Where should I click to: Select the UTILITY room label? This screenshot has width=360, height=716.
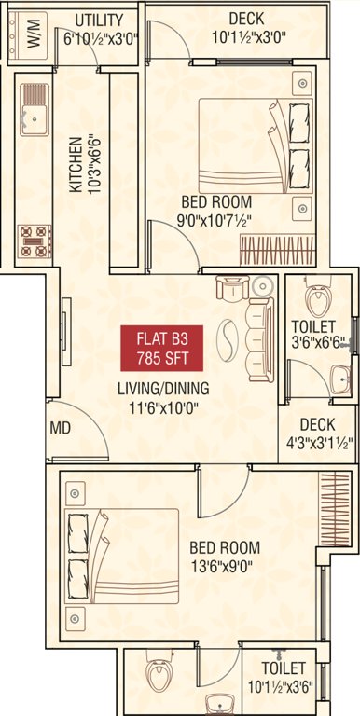click(100, 19)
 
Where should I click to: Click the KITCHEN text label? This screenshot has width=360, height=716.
click(74, 164)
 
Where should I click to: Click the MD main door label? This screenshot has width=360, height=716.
click(61, 430)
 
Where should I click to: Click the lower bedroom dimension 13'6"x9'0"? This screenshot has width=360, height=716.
click(224, 566)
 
